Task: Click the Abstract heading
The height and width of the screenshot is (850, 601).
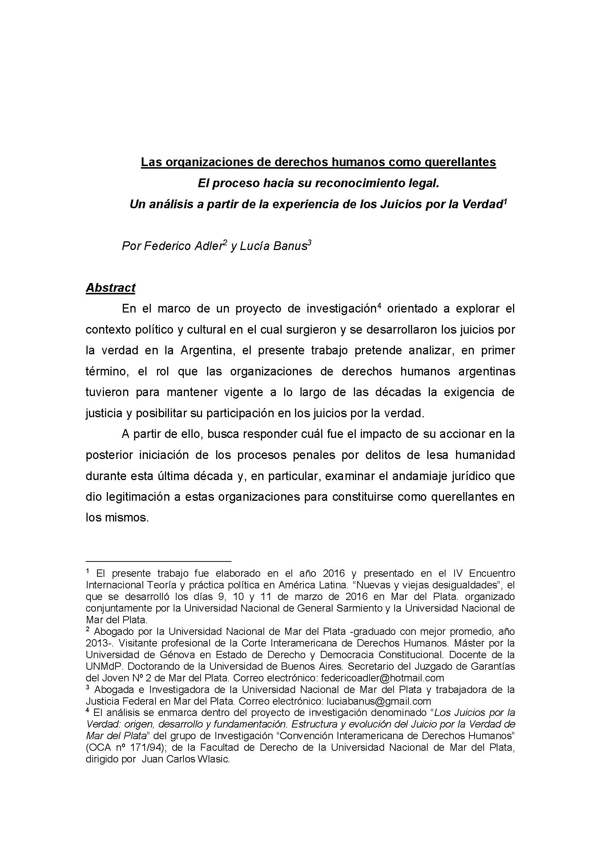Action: pyautogui.click(x=111, y=288)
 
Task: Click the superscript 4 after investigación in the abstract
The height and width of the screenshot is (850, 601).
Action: pyautogui.click(x=379, y=306)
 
